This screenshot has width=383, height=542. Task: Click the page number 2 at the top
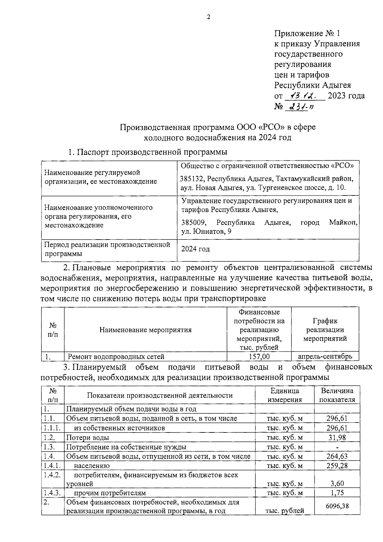[x=208, y=17]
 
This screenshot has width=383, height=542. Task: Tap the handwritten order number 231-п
[x=300, y=107]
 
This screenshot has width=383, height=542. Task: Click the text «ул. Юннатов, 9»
[x=206, y=232]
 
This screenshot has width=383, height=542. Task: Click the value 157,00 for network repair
[x=259, y=356]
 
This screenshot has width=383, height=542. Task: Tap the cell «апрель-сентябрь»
[x=325, y=356]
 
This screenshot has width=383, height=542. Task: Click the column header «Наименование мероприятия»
[x=146, y=330]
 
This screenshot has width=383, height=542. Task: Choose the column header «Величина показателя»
[x=337, y=395]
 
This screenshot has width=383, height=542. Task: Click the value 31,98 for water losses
[x=337, y=437]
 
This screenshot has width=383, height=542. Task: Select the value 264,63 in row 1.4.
[x=337, y=456]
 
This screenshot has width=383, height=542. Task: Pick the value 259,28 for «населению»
[x=337, y=466]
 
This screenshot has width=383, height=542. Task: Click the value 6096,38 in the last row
[x=337, y=506]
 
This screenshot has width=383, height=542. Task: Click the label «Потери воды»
[x=87, y=438]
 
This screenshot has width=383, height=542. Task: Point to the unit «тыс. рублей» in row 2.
[x=285, y=511]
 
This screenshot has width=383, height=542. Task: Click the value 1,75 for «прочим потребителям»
[x=337, y=492]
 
